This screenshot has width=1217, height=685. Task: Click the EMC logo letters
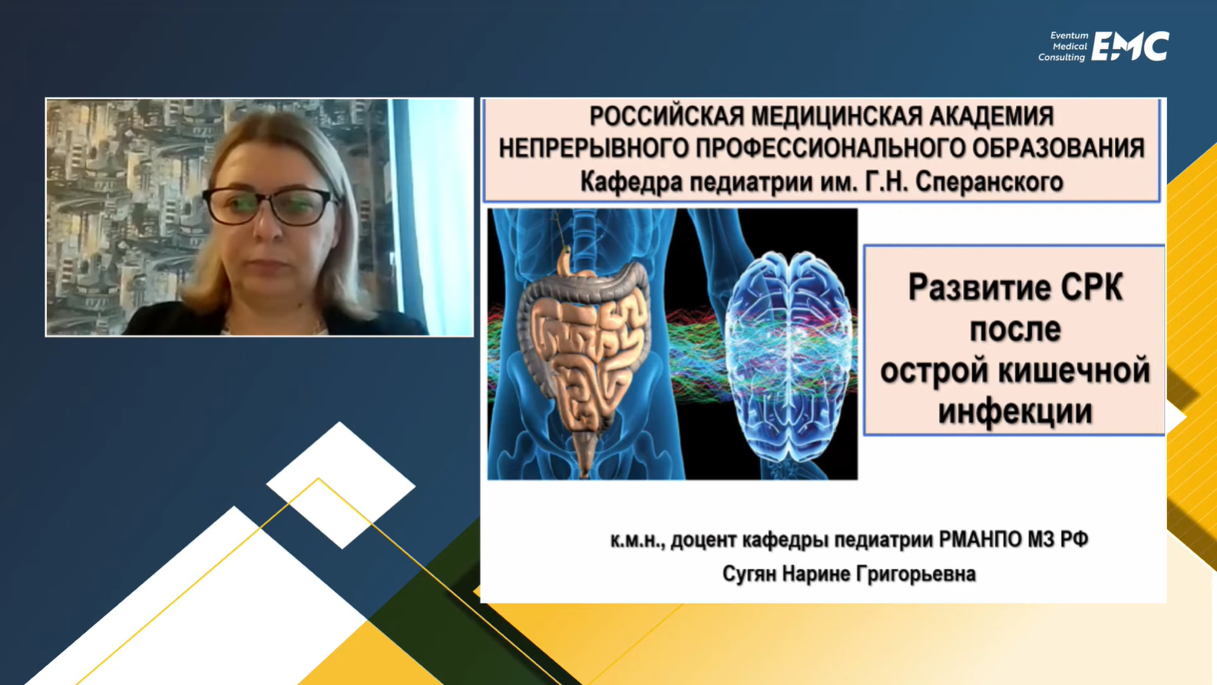(1130, 46)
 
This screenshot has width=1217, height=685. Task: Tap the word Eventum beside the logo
(1069, 36)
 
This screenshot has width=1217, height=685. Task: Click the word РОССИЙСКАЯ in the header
(666, 116)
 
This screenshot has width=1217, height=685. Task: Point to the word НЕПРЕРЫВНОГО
(594, 148)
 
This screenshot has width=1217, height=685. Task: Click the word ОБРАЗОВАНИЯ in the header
(1058, 148)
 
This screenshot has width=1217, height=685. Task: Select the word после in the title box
(1015, 329)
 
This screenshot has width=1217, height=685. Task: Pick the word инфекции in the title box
(1015, 411)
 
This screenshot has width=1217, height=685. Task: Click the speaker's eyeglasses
(270, 206)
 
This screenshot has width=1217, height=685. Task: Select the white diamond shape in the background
(341, 485)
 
